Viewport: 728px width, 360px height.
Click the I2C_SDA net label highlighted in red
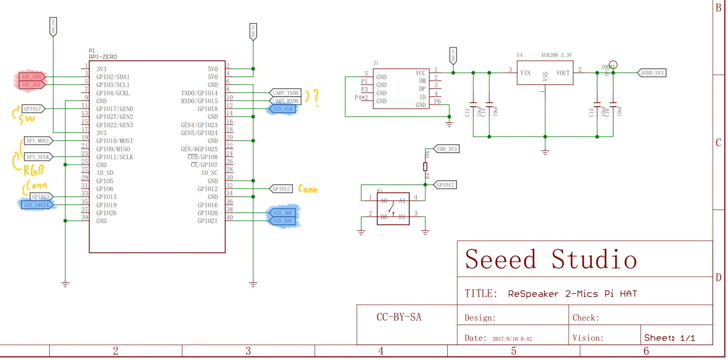pyautogui.click(x=31, y=77)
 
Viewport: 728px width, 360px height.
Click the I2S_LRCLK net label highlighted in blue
pyautogui.click(x=37, y=205)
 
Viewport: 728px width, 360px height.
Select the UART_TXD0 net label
pyautogui.click(x=286, y=93)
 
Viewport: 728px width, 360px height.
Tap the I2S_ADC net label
pyautogui.click(x=283, y=213)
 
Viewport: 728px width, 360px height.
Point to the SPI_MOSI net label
pyautogui.click(x=38, y=141)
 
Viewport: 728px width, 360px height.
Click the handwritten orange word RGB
pyautogui.click(x=34, y=170)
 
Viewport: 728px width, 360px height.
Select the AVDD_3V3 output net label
pyautogui.click(x=652, y=73)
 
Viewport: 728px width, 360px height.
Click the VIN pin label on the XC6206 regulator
pyautogui.click(x=525, y=73)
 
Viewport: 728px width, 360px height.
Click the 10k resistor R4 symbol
pyautogui.click(x=425, y=167)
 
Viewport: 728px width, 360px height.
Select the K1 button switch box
pyautogui.click(x=393, y=209)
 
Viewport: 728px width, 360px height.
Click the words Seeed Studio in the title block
pyautogui.click(x=550, y=259)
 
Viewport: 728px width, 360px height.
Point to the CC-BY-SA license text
pyautogui.click(x=399, y=317)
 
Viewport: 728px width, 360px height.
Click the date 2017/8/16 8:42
pyautogui.click(x=512, y=339)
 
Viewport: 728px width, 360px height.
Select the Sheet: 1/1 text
pyautogui.click(x=669, y=338)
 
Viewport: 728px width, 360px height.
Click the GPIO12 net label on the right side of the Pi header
pyautogui.click(x=281, y=189)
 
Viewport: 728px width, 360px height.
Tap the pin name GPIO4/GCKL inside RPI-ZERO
pyautogui.click(x=113, y=93)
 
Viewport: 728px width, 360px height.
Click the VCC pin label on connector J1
pyautogui.click(x=420, y=73)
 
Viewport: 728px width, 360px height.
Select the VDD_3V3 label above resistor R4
pyautogui.click(x=446, y=149)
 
